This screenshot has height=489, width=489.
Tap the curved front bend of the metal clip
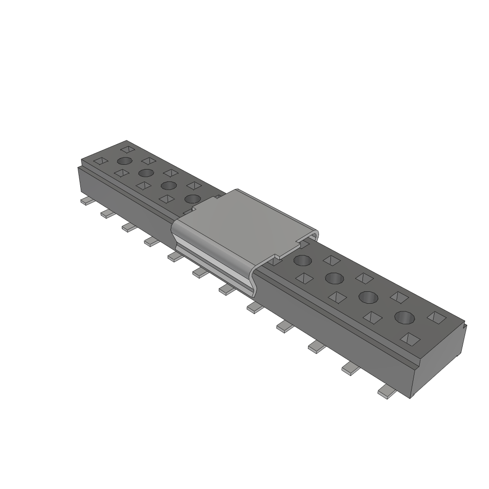215,260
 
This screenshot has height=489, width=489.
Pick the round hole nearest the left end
125,161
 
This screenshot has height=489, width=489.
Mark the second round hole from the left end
146,172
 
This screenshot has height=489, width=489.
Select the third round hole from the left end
168,185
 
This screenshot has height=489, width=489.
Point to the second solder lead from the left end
107,213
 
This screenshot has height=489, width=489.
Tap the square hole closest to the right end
437,317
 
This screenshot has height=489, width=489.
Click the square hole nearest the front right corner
410,339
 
